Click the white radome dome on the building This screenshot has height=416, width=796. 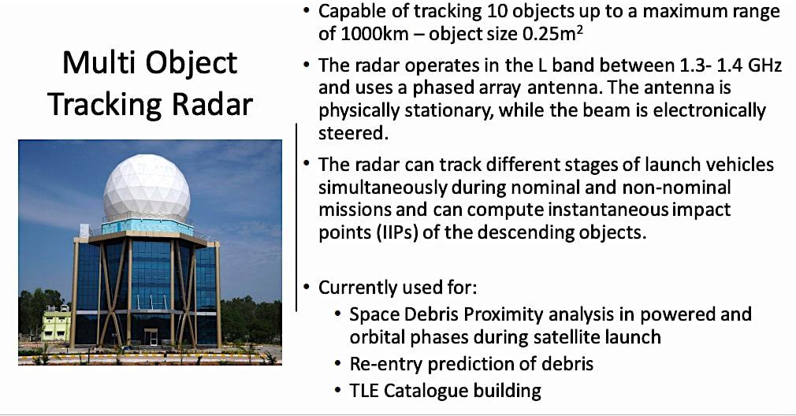tap(147, 188)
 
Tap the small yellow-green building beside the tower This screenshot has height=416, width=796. tap(55, 325)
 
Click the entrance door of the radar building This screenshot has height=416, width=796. tap(150, 337)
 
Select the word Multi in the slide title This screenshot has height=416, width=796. tap(96, 63)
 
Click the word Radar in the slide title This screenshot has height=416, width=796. tap(214, 103)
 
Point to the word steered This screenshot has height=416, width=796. tap(353, 132)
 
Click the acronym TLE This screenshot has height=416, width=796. tap(366, 389)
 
